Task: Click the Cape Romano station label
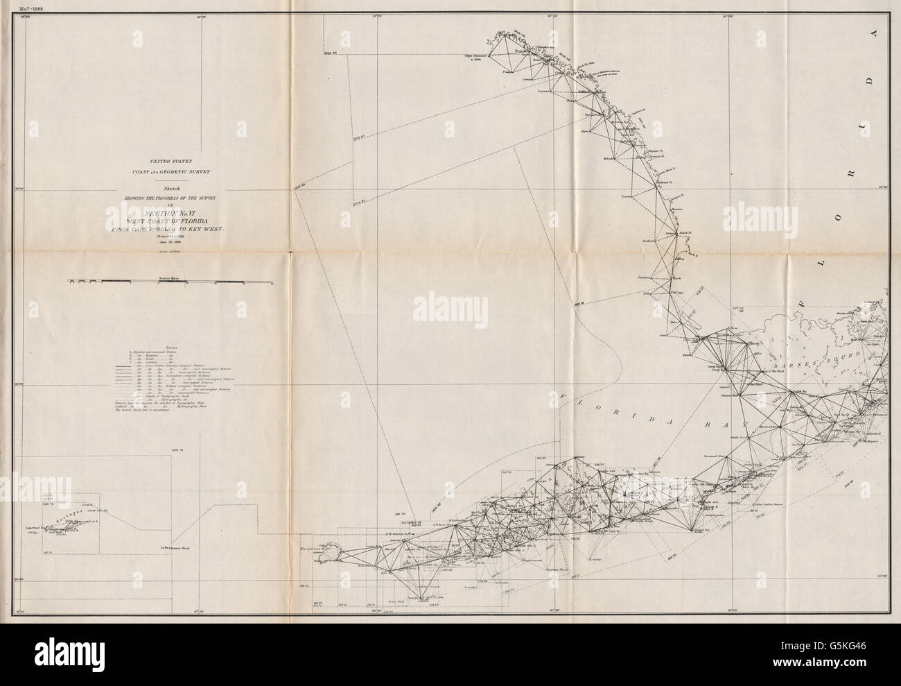point(476,55)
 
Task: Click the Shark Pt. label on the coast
point(683,232)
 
